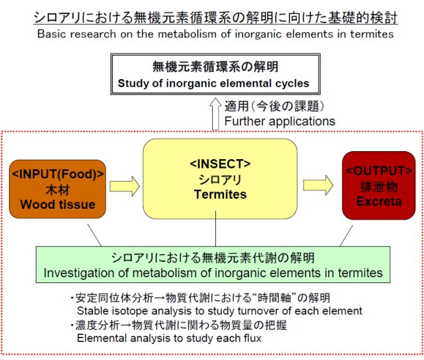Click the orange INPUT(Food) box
coord(58,189)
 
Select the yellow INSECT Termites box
coord(220,178)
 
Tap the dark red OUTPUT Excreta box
coord(378,186)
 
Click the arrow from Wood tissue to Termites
coord(125,186)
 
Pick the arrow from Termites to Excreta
coord(318,185)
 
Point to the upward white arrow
coord(215,114)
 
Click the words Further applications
coord(280,121)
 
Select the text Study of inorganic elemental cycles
coord(213,84)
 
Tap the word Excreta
coord(379,202)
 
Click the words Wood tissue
coord(58,204)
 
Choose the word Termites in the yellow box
coord(220,194)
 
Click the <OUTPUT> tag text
coord(379,171)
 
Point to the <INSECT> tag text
coord(220,164)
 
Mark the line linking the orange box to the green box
coord(94,235)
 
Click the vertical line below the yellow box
coord(215,229)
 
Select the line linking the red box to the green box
coord(346,235)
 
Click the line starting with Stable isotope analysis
coord(219,311)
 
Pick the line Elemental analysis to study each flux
coord(170,338)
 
